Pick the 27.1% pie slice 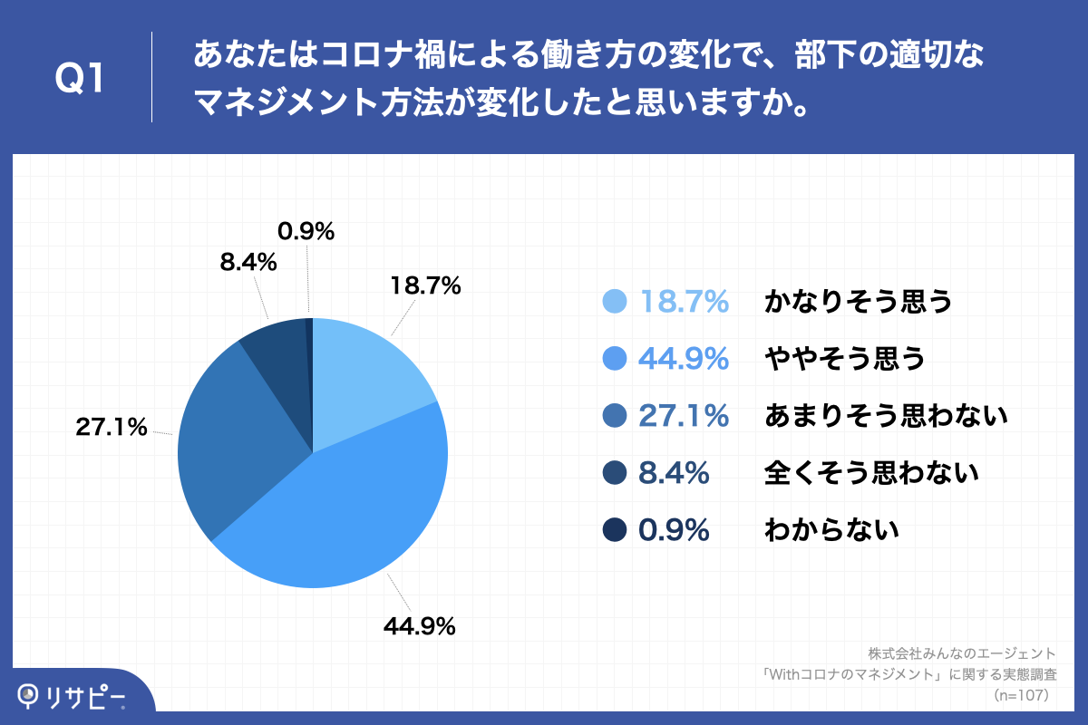tap(236, 444)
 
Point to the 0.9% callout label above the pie tap(306, 232)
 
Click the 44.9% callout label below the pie tap(418, 625)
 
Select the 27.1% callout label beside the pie tap(112, 428)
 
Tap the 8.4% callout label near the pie tap(248, 263)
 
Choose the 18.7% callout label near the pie tap(425, 286)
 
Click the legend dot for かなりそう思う tap(615, 302)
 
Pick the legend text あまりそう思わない tap(887, 416)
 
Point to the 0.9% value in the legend tap(674, 529)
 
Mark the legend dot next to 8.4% tap(615, 472)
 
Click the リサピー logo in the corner tap(73, 696)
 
